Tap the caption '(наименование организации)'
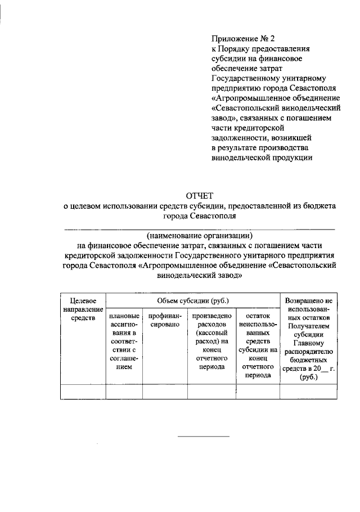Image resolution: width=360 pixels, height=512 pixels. (200, 235)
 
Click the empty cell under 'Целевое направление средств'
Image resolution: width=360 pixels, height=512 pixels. (83, 391)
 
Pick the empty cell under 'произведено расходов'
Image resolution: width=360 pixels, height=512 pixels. (211, 391)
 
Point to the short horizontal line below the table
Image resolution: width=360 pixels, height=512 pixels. (204, 436)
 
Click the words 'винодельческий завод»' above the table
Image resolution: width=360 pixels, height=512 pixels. (200, 276)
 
